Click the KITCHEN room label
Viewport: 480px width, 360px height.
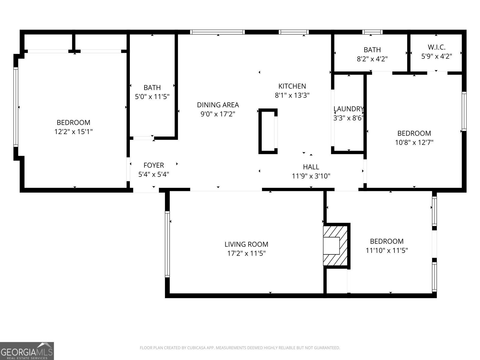292,86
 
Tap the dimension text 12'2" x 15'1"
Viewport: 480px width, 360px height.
73,132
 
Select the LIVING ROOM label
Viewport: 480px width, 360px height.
246,244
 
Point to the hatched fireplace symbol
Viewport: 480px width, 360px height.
335,245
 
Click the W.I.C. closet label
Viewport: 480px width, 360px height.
436,47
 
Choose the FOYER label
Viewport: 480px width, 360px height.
154,165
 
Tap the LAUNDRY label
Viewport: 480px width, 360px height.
348,109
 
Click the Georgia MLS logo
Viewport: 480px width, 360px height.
27,350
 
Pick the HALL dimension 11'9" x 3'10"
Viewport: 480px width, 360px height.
311,176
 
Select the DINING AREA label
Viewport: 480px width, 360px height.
218,105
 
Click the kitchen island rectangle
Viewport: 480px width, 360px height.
268,131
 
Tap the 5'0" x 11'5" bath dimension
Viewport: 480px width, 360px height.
152,97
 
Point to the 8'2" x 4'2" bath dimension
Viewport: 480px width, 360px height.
372,59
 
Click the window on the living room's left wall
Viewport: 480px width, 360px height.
167,244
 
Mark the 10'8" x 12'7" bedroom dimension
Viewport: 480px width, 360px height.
414,142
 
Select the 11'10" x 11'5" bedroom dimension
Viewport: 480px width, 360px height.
386,250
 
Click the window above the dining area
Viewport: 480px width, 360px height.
217,32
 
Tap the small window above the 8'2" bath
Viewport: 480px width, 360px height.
372,32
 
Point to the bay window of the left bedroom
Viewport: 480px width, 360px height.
16,107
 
